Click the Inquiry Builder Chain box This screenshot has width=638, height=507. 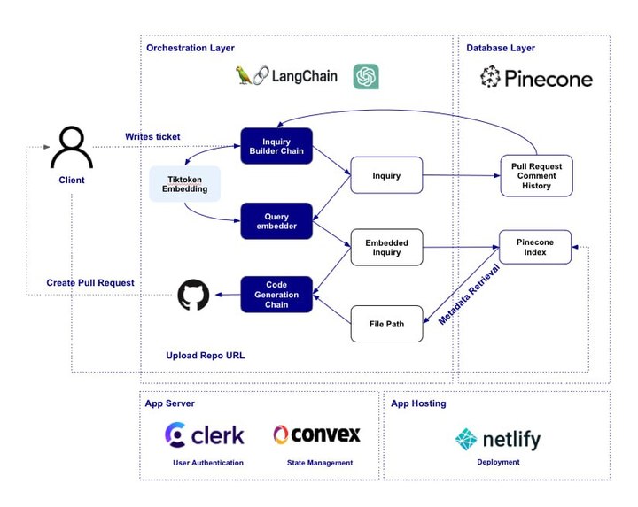coord(276,146)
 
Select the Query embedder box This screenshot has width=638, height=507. coord(276,221)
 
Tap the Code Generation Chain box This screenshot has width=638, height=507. coord(276,294)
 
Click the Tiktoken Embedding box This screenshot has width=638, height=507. coord(184,183)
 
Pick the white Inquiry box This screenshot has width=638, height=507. coord(386,175)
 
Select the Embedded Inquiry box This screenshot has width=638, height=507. coord(386,247)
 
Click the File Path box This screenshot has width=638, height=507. coord(386,324)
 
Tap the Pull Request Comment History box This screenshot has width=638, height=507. coord(536,175)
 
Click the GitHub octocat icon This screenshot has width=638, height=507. coord(193,295)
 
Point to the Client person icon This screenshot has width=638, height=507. coord(72,147)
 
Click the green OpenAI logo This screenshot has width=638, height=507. coord(366,77)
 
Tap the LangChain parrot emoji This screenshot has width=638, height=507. coord(245,76)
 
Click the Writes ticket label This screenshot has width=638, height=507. coord(152,136)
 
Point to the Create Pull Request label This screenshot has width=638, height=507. coord(90,283)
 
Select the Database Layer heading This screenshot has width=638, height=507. coord(501,48)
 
